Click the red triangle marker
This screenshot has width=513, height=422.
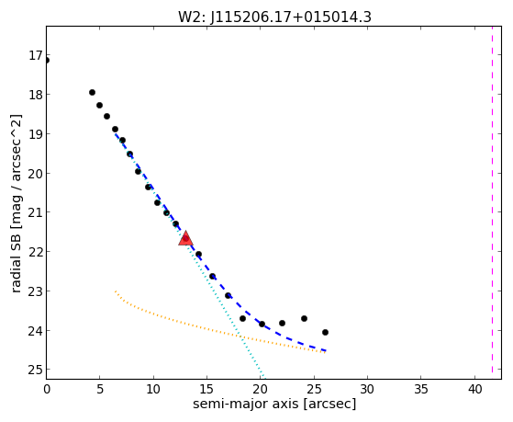(x=185, y=238)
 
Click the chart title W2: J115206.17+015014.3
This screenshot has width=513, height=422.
(x=274, y=17)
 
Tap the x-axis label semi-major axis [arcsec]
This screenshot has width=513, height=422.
(x=274, y=404)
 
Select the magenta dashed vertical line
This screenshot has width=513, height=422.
(x=492, y=200)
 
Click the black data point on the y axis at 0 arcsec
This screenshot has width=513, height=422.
(x=47, y=61)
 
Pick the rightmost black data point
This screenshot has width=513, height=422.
(x=325, y=332)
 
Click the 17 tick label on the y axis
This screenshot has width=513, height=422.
(x=35, y=55)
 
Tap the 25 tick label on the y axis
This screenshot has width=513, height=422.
(x=35, y=370)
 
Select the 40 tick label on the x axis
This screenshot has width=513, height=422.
(x=474, y=389)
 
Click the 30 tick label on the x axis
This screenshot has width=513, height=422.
(x=367, y=389)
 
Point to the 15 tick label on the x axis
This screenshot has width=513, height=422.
(x=206, y=389)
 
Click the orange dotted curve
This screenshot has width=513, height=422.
(x=196, y=325)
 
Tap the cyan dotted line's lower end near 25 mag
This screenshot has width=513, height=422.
(x=263, y=378)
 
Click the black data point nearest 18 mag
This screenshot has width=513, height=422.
(x=93, y=93)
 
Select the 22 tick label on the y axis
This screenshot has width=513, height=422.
(x=35, y=252)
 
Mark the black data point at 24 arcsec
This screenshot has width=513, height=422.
(x=304, y=318)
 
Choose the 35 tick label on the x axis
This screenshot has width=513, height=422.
(x=421, y=389)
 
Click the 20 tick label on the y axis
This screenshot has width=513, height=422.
(x=35, y=173)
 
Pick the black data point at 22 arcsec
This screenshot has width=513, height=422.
(x=282, y=323)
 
